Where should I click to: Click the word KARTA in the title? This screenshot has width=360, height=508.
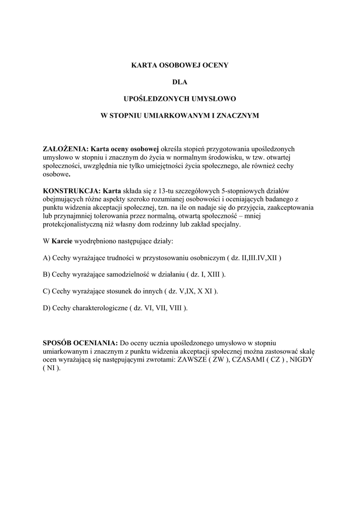pos(142,64)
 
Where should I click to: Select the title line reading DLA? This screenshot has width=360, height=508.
pos(180,81)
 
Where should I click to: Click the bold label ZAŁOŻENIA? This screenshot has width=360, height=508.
pos(66,148)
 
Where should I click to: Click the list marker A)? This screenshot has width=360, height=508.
pos(47,258)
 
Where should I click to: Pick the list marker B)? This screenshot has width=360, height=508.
pos(47,274)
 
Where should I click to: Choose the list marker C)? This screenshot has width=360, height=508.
pos(47,291)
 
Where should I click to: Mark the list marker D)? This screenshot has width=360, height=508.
pos(47,308)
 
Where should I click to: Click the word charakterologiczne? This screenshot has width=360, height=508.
pos(98,308)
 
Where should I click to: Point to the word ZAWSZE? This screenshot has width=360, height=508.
pos(194,360)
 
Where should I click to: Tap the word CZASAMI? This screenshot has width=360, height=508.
pos(250,360)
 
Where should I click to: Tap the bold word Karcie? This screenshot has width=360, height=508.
pos(62,241)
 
